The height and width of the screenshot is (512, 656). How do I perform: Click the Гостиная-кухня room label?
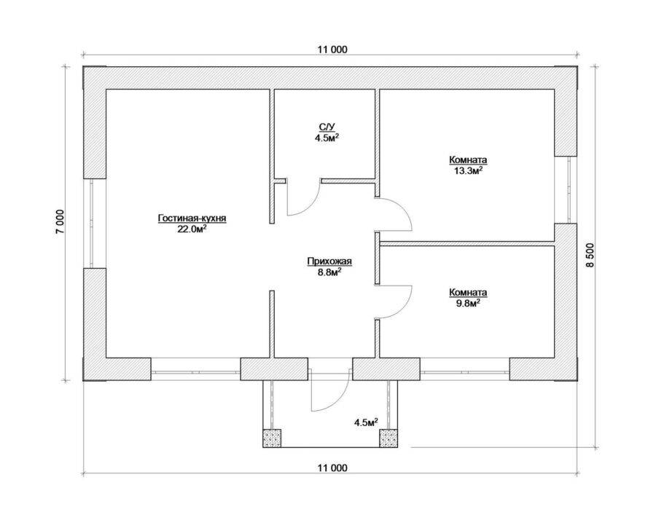click(x=192, y=218)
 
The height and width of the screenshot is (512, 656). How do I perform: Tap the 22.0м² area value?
click(x=192, y=229)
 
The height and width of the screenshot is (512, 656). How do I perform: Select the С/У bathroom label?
click(x=327, y=127)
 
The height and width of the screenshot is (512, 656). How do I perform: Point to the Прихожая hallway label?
click(x=329, y=261)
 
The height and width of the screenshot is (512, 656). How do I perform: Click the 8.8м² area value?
click(x=329, y=272)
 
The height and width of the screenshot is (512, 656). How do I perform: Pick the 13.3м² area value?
click(x=468, y=170)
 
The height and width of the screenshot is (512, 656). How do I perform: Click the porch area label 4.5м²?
click(x=366, y=422)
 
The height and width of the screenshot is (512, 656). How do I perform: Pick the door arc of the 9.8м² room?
click(x=403, y=309)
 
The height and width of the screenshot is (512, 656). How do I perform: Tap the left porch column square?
click(x=272, y=438)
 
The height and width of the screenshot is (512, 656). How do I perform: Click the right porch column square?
click(x=388, y=438)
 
